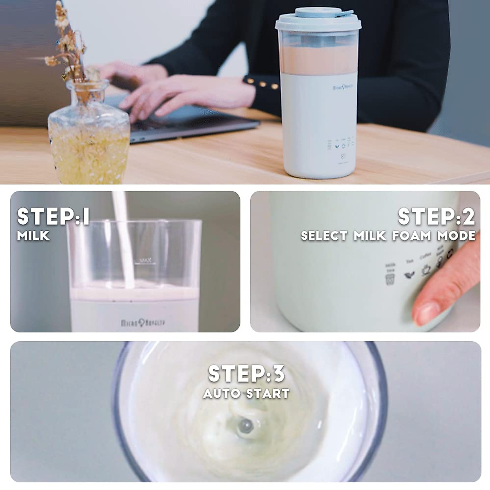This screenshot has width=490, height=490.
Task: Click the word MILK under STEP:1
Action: [33, 236]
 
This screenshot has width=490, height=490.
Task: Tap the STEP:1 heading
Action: [53, 216]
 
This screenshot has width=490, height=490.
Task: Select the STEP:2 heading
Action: [436, 216]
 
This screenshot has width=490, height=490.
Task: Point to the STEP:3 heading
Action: [246, 374]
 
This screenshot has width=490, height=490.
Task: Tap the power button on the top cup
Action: [343, 156]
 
